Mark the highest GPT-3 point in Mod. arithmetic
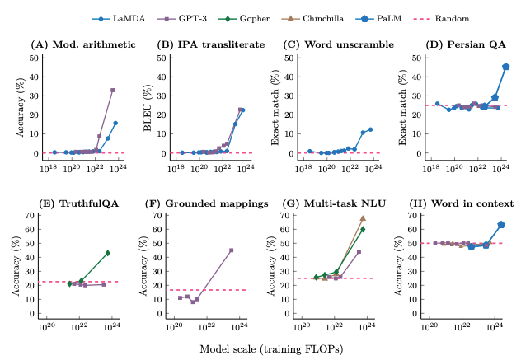coord(112,90)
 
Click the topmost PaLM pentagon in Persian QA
coord(505,67)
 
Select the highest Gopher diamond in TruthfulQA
coord(107,253)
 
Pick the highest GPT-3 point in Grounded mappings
coord(232,250)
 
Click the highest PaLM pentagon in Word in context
coord(501,225)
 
